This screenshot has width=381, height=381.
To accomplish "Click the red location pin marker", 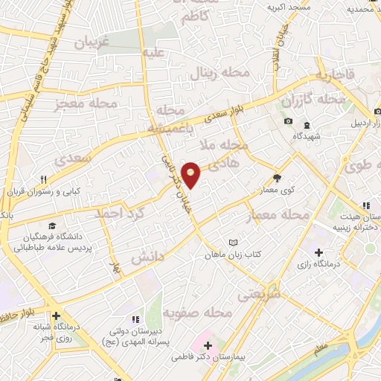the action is [x=192, y=174].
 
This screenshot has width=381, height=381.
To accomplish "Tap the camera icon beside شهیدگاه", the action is [x=288, y=121].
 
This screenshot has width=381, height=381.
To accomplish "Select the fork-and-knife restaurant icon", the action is [x=44, y=179].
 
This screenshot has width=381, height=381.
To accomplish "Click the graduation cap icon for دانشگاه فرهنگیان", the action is [x=51, y=226].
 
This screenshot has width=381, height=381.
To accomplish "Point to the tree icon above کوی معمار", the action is [x=278, y=177].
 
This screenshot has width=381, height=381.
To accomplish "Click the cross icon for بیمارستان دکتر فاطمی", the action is [x=208, y=346].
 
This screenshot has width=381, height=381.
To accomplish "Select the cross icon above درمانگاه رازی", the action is [x=320, y=252].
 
